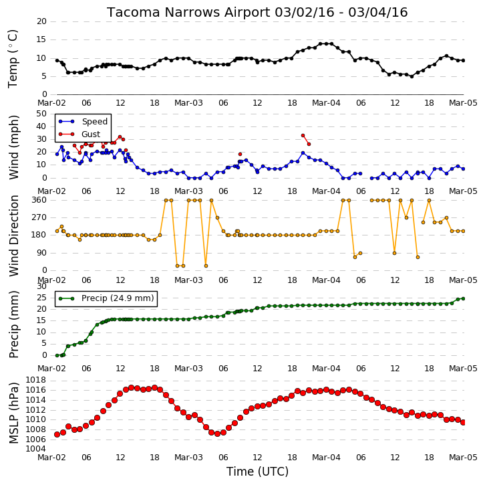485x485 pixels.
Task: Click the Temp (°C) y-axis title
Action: point(13,59)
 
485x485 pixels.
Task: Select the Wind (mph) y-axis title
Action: point(13,147)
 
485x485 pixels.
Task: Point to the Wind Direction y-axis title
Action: point(13,235)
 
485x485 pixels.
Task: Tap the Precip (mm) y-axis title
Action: point(13,324)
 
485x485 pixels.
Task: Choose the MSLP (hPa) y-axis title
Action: point(13,413)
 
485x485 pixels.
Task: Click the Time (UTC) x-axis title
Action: point(257,472)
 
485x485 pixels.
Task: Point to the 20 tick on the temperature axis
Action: point(41,21)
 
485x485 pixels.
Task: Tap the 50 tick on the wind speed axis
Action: point(41,114)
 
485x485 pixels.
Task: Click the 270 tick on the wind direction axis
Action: point(39,217)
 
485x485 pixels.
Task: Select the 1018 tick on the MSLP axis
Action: point(35,380)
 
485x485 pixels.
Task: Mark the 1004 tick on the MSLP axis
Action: point(35,449)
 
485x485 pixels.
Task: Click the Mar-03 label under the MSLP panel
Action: point(188,458)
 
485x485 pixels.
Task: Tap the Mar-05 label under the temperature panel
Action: point(463,103)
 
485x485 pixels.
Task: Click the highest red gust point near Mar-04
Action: point(303,136)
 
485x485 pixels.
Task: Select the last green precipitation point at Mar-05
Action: point(463,298)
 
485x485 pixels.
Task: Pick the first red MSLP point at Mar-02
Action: point(57,435)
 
